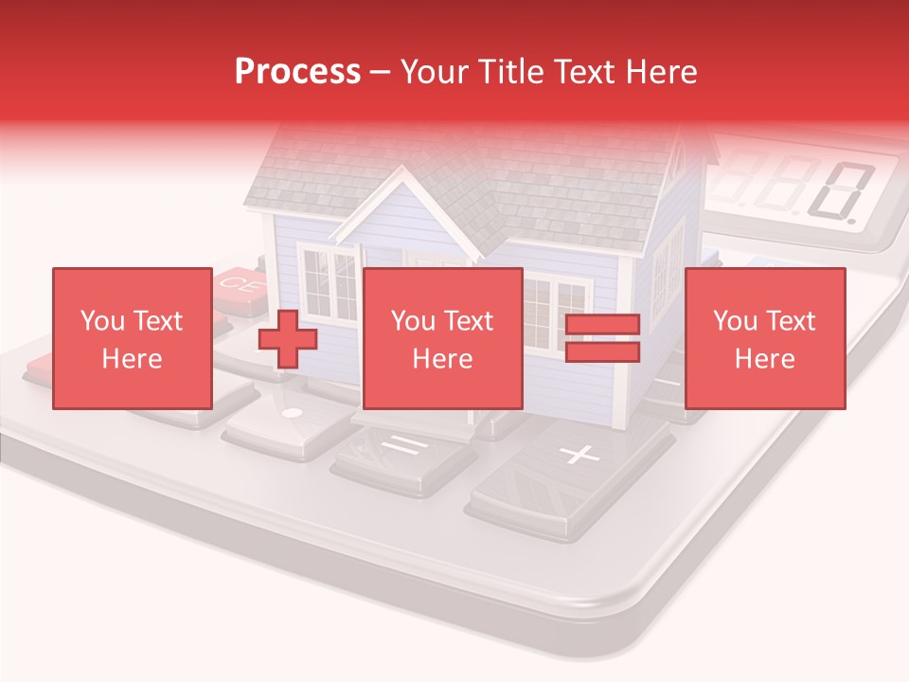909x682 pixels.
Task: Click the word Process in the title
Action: pyautogui.click(x=297, y=72)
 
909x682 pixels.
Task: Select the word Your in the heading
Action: pyautogui.click(x=435, y=72)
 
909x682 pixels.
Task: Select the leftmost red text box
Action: pyautogui.click(x=132, y=338)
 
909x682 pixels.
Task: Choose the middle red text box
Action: pyautogui.click(x=442, y=338)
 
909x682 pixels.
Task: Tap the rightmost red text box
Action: pyautogui.click(x=764, y=338)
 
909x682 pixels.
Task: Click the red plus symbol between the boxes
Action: pyautogui.click(x=288, y=338)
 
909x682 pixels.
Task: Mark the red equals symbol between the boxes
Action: pyautogui.click(x=602, y=338)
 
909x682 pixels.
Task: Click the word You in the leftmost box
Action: pyautogui.click(x=100, y=321)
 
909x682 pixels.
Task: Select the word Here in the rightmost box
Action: pyautogui.click(x=764, y=358)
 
